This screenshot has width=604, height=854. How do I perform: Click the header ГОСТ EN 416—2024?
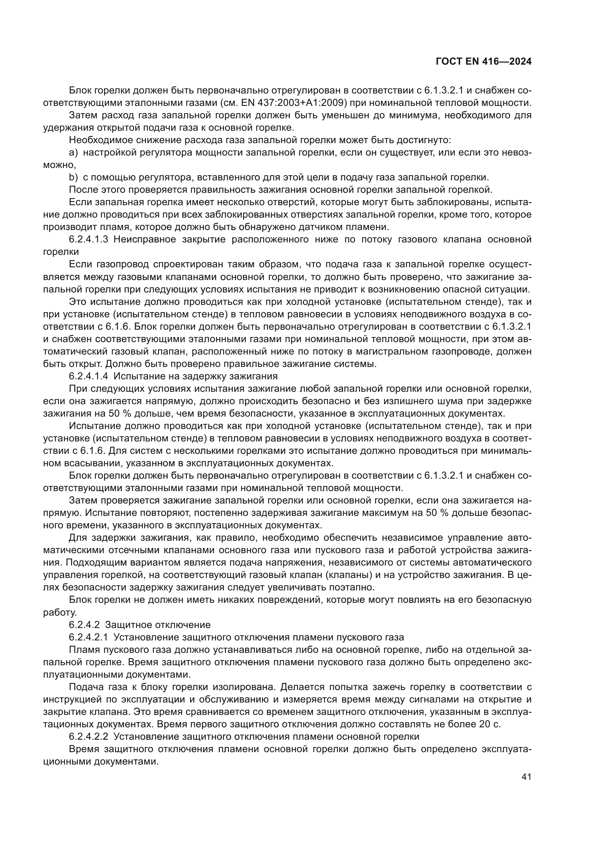[x=483, y=62]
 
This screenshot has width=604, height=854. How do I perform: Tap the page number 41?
[x=526, y=777]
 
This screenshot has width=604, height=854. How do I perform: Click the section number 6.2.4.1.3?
[x=88, y=240]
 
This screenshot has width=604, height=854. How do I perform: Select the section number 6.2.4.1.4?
[x=88, y=376]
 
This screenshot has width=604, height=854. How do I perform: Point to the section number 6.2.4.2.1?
[x=88, y=637]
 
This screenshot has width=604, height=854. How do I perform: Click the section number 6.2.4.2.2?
[x=88, y=736]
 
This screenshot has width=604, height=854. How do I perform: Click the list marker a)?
[x=73, y=153]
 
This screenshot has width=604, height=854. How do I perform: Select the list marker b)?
[x=73, y=177]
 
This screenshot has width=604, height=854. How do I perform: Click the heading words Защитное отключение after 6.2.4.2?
[x=158, y=624]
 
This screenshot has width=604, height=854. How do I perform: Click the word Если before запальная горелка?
[x=80, y=202]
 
